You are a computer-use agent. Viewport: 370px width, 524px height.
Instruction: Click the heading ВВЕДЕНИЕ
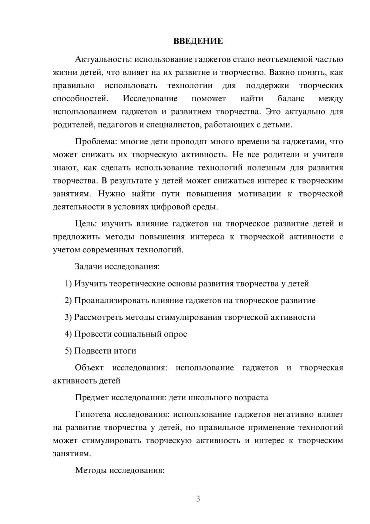pos(198,41)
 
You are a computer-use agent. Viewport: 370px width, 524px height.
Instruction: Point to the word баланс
pos(291,99)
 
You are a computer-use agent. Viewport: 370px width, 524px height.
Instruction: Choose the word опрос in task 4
pos(175,334)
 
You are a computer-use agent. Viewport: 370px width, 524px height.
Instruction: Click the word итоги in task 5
pos(124,351)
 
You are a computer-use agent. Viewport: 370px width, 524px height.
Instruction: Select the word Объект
pos(89,368)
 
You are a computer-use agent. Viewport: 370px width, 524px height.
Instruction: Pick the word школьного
pos(210,398)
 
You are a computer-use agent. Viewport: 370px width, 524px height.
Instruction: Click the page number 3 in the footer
pos(198,499)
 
